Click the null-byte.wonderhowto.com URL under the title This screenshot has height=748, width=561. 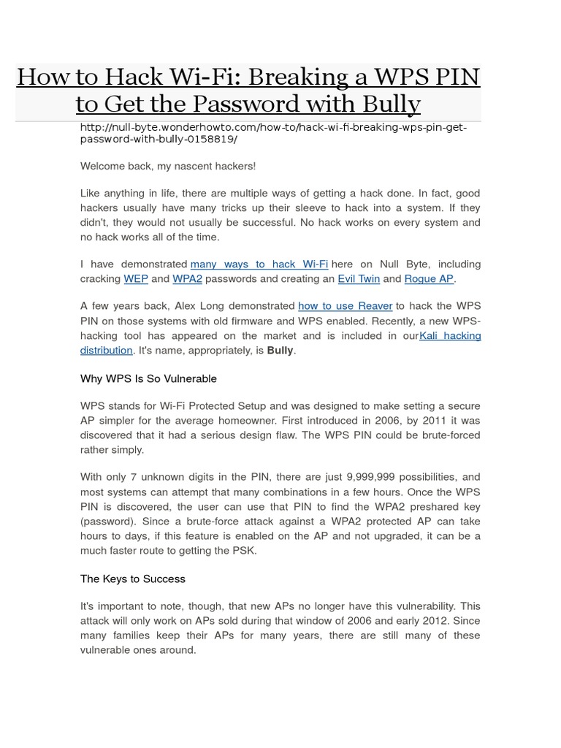(x=273, y=133)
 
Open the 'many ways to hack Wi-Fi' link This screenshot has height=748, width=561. (x=259, y=264)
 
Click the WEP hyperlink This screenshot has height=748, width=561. (x=136, y=278)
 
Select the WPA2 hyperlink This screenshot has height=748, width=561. (x=187, y=278)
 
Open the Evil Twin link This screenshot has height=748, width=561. (x=358, y=278)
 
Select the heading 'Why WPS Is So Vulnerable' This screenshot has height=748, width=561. (x=148, y=378)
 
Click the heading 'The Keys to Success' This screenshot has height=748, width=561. (x=132, y=579)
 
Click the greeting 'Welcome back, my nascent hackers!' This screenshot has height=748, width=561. (x=168, y=166)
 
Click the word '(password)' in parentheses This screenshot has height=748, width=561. (x=107, y=521)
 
